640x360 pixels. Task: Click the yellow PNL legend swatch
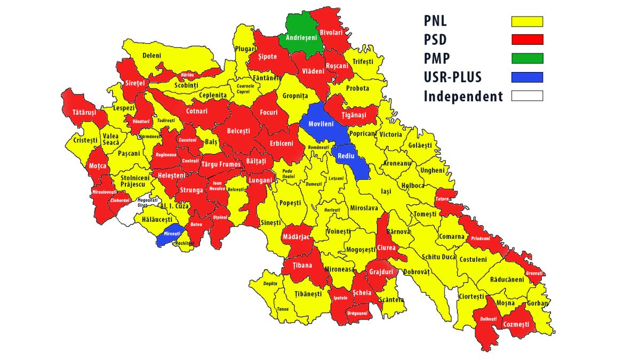(x=527, y=21)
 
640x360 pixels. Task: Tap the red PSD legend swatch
(x=527, y=40)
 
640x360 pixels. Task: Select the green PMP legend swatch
(x=527, y=59)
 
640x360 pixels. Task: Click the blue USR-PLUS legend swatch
(x=527, y=77)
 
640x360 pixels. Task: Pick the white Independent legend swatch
(x=527, y=96)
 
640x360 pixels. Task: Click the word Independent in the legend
(x=463, y=97)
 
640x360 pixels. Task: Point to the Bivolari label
(x=331, y=33)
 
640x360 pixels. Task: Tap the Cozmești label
(x=516, y=324)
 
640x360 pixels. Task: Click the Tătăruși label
(x=84, y=113)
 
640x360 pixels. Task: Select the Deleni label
(x=151, y=55)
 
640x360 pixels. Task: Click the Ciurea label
(x=386, y=248)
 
